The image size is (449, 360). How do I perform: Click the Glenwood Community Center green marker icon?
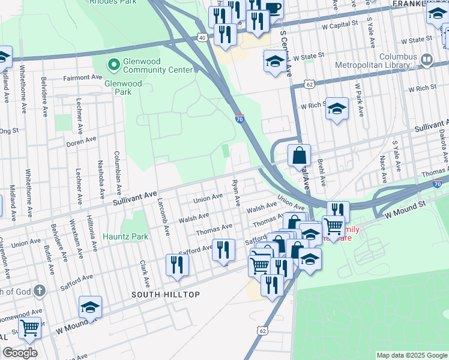pyautogui.click(x=112, y=63)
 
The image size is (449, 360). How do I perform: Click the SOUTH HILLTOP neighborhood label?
pyautogui.click(x=166, y=295)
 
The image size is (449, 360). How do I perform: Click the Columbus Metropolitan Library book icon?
pyautogui.click(x=427, y=59)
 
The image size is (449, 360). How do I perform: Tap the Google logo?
pyautogui.click(x=20, y=353)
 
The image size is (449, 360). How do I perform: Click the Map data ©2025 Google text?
pyautogui.click(x=411, y=355)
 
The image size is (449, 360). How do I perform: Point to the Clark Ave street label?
pyautogui.click(x=144, y=273)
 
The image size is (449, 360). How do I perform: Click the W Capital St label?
pyautogui.click(x=340, y=26)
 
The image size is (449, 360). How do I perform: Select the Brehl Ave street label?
pyautogui.click(x=322, y=172)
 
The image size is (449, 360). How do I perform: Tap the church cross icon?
pyautogui.click(x=40, y=292)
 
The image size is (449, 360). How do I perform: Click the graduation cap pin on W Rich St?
pyautogui.click(x=337, y=109)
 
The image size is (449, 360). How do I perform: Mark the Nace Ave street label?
pyautogui.click(x=382, y=167)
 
